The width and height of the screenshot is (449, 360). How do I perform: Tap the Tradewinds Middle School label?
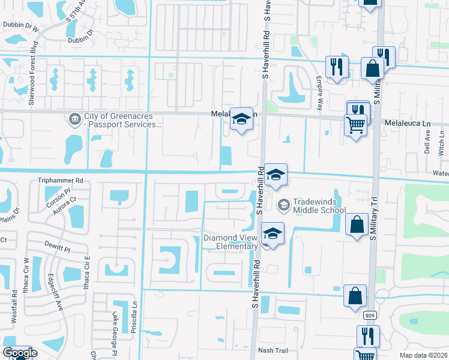coord(319,205)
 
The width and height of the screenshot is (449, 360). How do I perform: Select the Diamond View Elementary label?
coord(230,242)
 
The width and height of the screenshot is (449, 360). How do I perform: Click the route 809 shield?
coord(370,314)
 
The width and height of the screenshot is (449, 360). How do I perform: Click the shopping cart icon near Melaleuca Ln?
coord(355,125)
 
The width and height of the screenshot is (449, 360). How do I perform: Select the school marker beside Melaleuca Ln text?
coord(241,119)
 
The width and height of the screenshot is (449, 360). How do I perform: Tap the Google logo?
coord(20,353)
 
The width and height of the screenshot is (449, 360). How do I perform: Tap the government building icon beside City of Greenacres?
coord(75,119)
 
